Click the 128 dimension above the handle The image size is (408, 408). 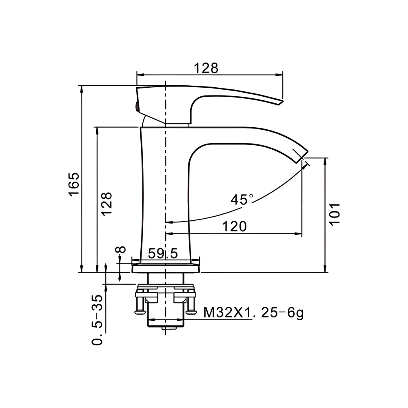(x=206, y=68)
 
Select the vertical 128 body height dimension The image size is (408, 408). (x=106, y=204)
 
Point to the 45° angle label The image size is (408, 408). (x=242, y=200)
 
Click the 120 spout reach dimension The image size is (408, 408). (x=234, y=226)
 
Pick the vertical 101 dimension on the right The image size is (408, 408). (x=335, y=215)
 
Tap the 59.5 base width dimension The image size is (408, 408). (x=163, y=253)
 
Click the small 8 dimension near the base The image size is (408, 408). (x=120, y=250)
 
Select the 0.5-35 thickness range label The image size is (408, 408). (x=98, y=320)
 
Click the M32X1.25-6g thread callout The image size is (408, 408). (x=253, y=313)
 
